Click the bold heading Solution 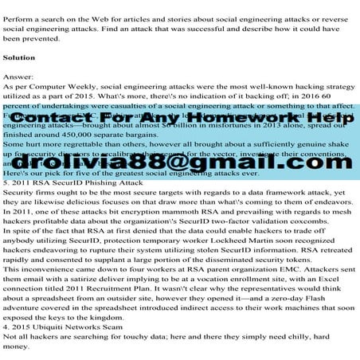[19, 59]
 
